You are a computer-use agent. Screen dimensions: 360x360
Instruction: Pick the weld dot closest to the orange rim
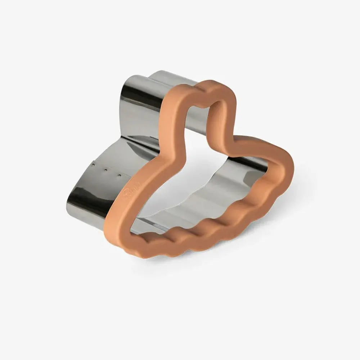tap(119, 176)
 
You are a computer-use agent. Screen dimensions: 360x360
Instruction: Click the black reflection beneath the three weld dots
tap(85, 202)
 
